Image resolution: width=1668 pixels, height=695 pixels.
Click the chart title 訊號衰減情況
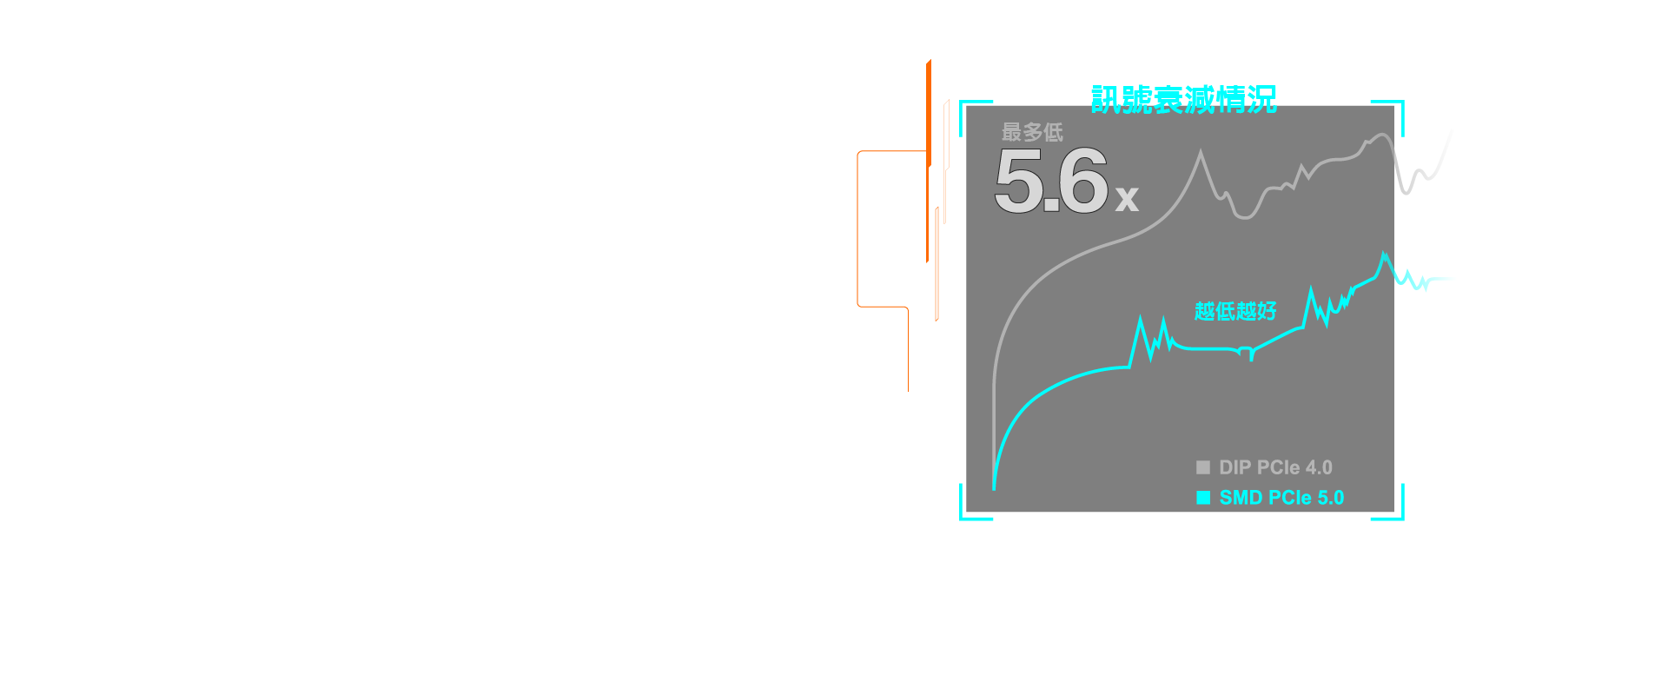(x=1183, y=99)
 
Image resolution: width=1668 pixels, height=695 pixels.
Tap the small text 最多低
(x=1032, y=132)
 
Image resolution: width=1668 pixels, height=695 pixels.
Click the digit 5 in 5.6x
(x=1019, y=181)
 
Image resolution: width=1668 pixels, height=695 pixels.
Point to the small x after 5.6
(x=1127, y=199)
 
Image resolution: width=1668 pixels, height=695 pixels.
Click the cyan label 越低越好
(x=1235, y=311)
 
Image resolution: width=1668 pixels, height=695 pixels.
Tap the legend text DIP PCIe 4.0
(x=1275, y=467)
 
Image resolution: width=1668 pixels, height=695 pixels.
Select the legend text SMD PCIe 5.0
(x=1281, y=498)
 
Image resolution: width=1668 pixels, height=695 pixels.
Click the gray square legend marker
(x=1203, y=467)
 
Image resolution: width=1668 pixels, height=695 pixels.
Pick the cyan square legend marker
(x=1203, y=498)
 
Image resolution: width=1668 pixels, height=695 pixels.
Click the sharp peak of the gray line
(x=1201, y=152)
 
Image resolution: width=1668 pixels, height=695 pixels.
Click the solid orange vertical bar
(x=929, y=161)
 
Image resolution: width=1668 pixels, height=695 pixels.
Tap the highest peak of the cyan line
(x=1384, y=253)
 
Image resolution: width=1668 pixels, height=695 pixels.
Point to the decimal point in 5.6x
(x=1051, y=206)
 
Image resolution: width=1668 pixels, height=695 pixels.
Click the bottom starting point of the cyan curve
(x=994, y=488)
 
